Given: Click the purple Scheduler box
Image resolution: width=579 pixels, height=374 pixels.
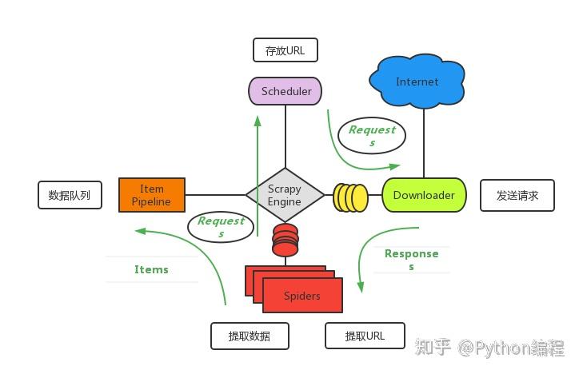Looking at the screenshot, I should [286, 91].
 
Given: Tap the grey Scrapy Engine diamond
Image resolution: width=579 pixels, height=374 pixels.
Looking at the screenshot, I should [285, 195].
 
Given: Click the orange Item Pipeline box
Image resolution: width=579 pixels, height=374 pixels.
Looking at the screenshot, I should [152, 195].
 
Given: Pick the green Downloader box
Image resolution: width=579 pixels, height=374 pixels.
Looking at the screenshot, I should [424, 195].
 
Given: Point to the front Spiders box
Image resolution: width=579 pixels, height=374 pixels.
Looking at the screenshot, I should [302, 296].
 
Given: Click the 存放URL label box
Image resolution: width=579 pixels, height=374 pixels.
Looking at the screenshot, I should [285, 50].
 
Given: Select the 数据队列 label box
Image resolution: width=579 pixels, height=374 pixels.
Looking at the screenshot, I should [70, 195].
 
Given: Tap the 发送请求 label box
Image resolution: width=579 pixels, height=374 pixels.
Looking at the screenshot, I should [517, 195].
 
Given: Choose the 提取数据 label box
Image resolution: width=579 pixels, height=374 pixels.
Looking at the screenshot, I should [249, 336].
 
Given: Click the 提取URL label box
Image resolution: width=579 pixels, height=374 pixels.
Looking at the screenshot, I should [365, 336].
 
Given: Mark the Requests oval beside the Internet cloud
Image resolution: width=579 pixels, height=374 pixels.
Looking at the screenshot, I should [372, 135].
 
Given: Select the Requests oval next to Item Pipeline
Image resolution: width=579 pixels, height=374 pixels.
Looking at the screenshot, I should [221, 226].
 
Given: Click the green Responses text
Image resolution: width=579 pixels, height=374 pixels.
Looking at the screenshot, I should [411, 259].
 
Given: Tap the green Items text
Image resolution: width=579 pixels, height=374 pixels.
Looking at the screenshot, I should [151, 269].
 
